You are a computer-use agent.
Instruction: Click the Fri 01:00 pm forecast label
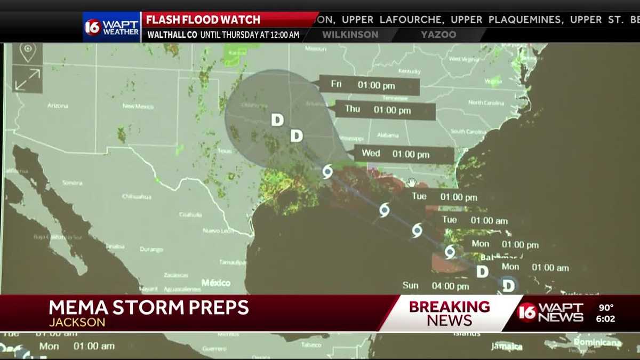tap(369, 85)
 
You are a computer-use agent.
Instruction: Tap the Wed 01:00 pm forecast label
tap(403, 154)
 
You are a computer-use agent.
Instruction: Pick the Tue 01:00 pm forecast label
tap(444, 197)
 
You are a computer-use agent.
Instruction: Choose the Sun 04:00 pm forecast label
tap(435, 286)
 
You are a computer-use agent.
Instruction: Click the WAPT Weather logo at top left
tap(111, 26)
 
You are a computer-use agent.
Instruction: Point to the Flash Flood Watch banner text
tap(203, 20)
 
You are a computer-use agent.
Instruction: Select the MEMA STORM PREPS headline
tap(149, 308)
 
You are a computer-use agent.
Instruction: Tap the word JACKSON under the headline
tap(77, 322)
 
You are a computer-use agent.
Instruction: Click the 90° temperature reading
tap(606, 307)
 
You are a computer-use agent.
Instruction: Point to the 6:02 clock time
tap(606, 319)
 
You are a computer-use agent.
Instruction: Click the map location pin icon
tap(27, 52)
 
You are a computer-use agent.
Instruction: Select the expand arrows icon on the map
tap(27, 79)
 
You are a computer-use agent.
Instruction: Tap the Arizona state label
tap(58, 106)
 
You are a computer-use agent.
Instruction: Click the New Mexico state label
tap(139, 106)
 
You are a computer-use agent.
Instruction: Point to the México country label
tap(215, 283)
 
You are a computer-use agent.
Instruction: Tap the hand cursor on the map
tap(411, 182)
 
